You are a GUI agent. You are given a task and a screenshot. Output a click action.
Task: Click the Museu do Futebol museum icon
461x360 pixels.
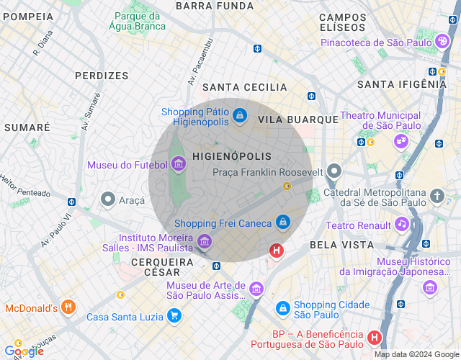coord(178,165)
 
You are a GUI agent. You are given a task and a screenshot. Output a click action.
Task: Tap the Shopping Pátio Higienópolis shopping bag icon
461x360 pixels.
coord(241,115)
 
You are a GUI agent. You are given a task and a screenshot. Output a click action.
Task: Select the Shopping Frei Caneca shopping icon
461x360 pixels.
coord(283,222)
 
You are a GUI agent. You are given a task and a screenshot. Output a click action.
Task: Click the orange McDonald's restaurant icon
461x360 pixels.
coord(68,307)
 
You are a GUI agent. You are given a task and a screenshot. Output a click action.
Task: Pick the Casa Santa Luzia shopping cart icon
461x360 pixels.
coord(174,315)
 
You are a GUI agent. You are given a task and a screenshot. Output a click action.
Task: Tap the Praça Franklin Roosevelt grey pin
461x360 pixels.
coord(334,172)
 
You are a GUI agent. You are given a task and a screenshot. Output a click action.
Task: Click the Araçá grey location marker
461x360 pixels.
coord(108,198)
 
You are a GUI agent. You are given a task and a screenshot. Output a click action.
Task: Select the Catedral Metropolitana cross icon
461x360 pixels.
coord(437,195)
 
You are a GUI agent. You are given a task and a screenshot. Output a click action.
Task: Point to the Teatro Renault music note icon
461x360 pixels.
coord(402,224)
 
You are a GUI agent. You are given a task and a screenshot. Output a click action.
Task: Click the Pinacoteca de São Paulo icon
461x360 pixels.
coord(442,42)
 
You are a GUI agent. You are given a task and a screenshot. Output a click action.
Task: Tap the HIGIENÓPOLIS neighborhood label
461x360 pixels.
coord(232,156)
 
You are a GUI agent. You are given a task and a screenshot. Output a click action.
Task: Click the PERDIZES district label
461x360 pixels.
coord(102,75)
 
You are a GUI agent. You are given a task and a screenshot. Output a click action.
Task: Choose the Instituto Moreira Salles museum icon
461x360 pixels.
coord(204,240)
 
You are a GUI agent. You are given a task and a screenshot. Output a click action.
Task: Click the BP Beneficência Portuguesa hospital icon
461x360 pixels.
coord(374,337)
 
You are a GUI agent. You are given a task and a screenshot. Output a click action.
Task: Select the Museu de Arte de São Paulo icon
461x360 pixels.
coord(256,289)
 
